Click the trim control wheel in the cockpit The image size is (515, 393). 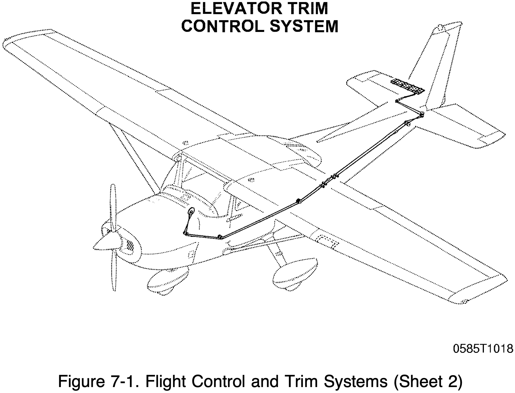192,212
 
